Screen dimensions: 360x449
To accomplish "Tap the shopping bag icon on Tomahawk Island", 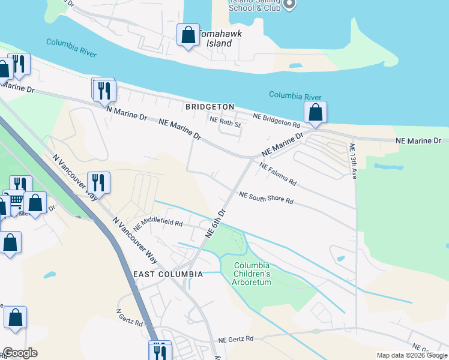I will pyautogui.click(x=188, y=35).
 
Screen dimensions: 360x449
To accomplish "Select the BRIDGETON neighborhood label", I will pyautogui.click(x=209, y=107).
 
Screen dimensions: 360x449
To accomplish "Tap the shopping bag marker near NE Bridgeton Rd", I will pyautogui.click(x=315, y=112).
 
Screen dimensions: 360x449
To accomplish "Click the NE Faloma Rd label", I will pyautogui.click(x=278, y=173).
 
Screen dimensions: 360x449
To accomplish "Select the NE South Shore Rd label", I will pyautogui.click(x=266, y=198).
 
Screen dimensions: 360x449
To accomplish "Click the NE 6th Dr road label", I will pyautogui.click(x=215, y=223).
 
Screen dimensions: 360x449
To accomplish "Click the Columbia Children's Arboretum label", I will pyautogui.click(x=252, y=274).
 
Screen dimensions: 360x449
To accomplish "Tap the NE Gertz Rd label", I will pyautogui.click(x=237, y=339).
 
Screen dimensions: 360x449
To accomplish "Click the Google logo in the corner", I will pyautogui.click(x=19, y=353).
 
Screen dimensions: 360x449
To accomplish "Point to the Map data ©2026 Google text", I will pyautogui.click(x=412, y=355).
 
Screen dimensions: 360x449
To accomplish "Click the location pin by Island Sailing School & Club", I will pyautogui.click(x=289, y=5).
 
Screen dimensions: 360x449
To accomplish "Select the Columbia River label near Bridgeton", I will pyautogui.click(x=295, y=96).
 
